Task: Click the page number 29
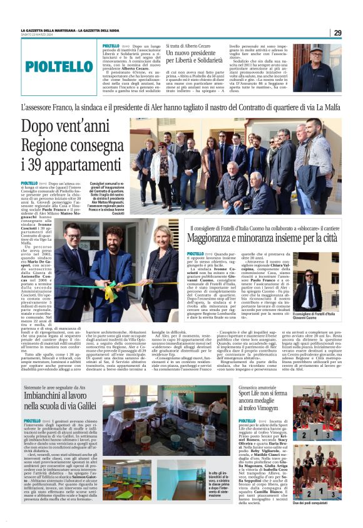[x=337, y=33]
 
